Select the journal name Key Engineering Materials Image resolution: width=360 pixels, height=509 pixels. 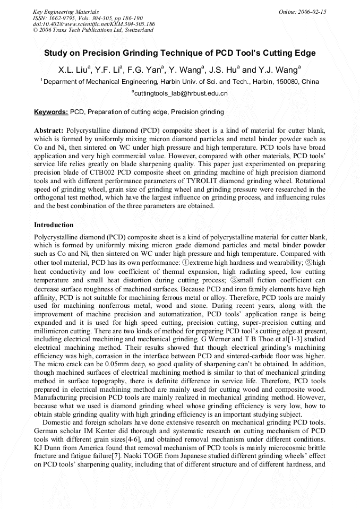[x=65, y=12]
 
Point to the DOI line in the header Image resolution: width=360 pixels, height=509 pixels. [x=93, y=24]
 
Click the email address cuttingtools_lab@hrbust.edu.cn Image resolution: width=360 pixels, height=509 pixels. [x=180, y=93]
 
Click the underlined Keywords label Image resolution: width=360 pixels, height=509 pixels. [x=51, y=112]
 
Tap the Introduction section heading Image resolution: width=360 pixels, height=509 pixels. [x=54, y=225]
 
